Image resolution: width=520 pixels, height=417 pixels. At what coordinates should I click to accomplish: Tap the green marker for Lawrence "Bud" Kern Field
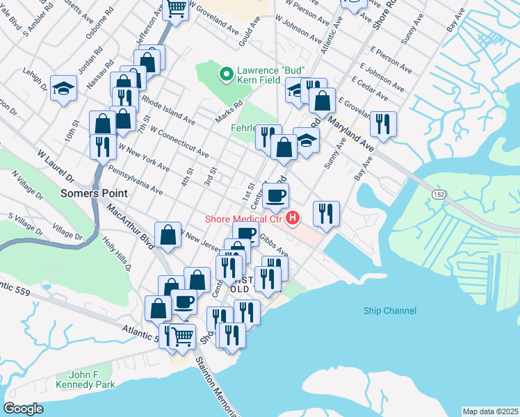(225, 73)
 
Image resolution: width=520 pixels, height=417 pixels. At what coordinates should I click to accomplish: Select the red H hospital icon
(293, 219)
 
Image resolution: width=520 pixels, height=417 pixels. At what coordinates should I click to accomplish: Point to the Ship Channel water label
(389, 311)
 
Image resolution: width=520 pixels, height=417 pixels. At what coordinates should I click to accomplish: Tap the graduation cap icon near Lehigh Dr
(63, 88)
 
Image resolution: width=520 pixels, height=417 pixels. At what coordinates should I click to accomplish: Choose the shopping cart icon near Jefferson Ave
(177, 9)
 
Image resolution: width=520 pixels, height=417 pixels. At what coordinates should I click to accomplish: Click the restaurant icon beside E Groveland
(383, 123)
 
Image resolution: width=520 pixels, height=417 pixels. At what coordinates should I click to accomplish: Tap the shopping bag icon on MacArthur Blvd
(168, 234)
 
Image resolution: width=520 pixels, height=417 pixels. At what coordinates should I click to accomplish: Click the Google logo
(23, 409)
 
